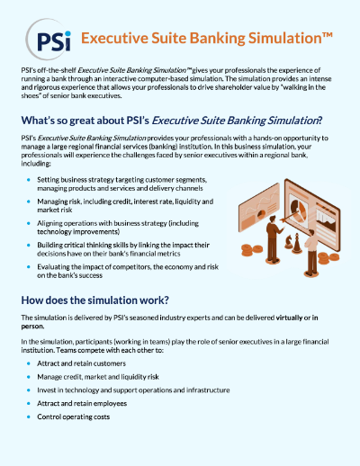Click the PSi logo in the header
coord(49,40)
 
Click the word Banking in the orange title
coord(218,39)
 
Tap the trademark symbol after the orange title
coord(328,35)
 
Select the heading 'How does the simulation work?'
coord(94,300)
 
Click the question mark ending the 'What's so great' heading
coord(320,121)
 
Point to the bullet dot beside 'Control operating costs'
coord(29,417)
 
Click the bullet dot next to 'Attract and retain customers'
coord(29,363)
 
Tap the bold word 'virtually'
coord(289,318)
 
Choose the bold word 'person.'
coord(32,327)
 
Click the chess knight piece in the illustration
coord(289,242)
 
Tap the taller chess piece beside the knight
coord(297,243)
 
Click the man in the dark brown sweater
coord(274,239)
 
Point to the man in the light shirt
coord(311,253)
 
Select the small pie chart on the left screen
coord(261,214)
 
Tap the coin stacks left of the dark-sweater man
coord(252,250)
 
